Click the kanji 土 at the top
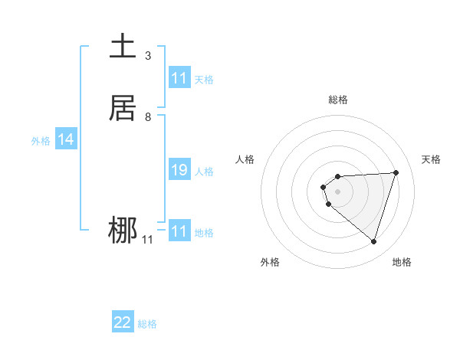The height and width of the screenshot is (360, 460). [123, 47]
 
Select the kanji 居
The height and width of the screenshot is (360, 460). [123, 108]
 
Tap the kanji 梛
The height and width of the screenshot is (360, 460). [123, 231]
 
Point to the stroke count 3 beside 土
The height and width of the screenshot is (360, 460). [148, 56]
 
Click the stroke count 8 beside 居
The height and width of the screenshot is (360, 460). [148, 117]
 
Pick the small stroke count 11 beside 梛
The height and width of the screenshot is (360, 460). [147, 240]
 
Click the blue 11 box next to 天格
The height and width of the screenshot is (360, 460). [179, 78]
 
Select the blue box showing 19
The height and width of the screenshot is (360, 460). [179, 170]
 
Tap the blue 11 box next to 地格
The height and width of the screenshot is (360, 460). [179, 231]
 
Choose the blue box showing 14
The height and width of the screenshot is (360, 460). [66, 139]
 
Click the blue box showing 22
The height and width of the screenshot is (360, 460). [123, 322]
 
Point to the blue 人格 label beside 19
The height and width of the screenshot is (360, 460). [204, 172]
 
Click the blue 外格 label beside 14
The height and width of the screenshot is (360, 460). [41, 141]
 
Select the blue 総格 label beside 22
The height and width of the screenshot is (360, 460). [147, 324]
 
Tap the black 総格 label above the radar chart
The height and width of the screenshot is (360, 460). [338, 100]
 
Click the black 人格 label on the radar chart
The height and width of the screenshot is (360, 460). [245, 159]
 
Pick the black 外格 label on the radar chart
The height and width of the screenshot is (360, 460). [269, 262]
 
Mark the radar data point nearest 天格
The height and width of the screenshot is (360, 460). [396, 172]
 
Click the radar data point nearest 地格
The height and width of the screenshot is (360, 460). [373, 241]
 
